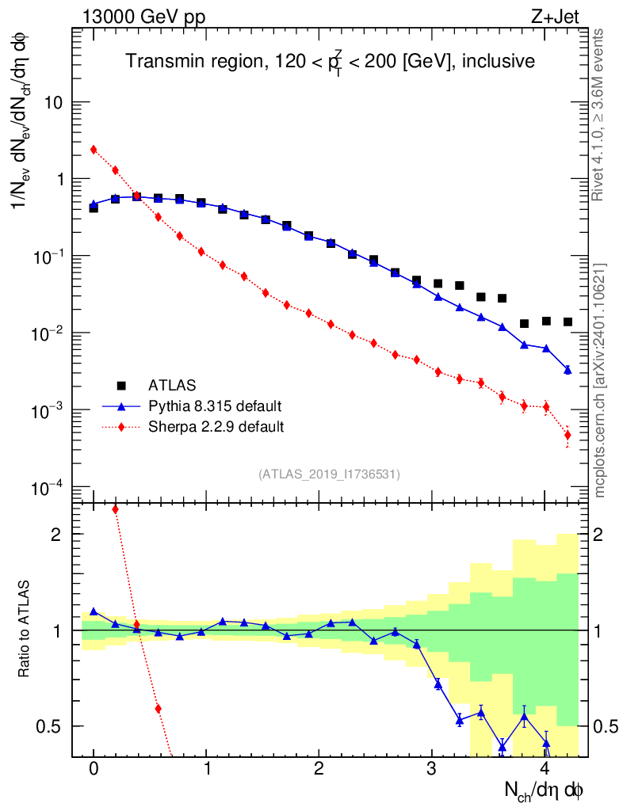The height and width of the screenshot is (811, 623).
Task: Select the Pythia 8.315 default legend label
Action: click(215, 406)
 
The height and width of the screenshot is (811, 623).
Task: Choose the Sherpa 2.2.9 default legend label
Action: click(216, 427)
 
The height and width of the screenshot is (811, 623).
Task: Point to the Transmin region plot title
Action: click(330, 61)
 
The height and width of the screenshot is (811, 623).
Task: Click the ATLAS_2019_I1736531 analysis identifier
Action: click(329, 474)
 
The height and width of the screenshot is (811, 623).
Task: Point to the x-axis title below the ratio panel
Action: click(545, 790)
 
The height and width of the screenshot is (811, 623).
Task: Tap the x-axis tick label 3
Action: click(432, 770)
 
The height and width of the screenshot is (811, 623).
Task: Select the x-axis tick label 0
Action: click(94, 770)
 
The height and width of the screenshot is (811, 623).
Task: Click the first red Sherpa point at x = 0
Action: click(94, 150)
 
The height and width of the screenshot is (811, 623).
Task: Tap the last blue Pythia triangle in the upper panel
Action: click(568, 370)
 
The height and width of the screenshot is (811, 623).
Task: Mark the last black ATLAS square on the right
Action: click(568, 322)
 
